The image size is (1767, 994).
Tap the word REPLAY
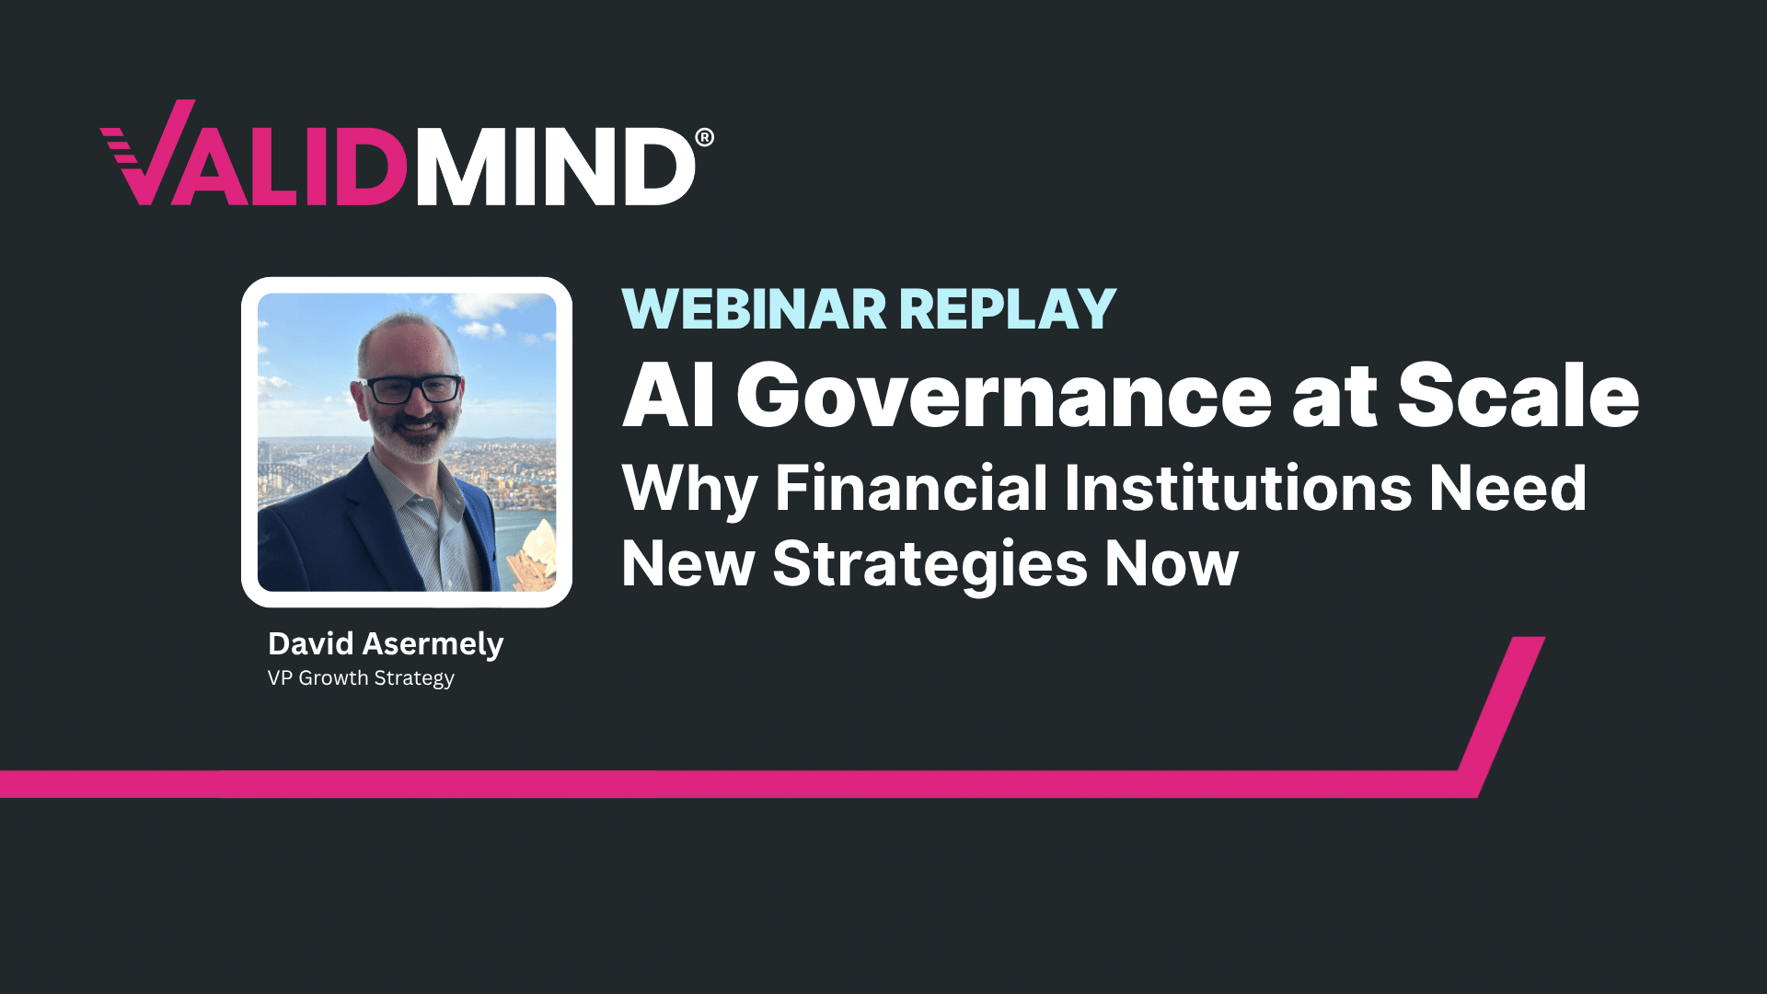tap(1008, 309)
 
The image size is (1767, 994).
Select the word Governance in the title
tap(1004, 396)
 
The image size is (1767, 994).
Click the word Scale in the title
tap(1519, 396)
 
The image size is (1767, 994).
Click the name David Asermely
tap(386, 643)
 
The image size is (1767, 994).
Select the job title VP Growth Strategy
tap(361, 678)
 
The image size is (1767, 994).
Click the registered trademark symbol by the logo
tap(704, 138)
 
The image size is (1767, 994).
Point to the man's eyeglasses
tap(411, 388)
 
